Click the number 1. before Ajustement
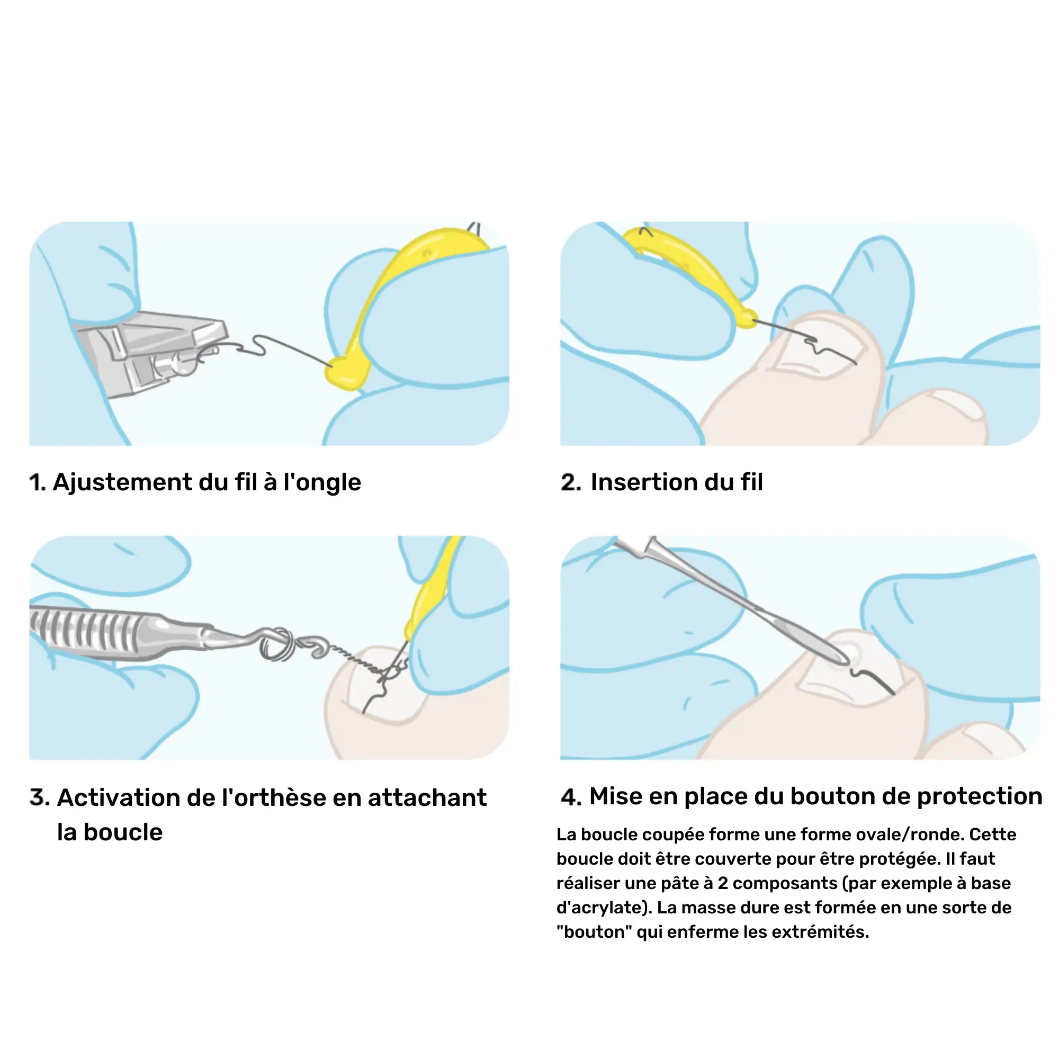[38, 483]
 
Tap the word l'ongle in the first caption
[322, 483]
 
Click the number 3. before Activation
[40, 797]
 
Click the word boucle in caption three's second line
[123, 832]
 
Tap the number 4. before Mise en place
[571, 797]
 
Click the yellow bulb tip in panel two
[746, 318]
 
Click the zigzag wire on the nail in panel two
[816, 345]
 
